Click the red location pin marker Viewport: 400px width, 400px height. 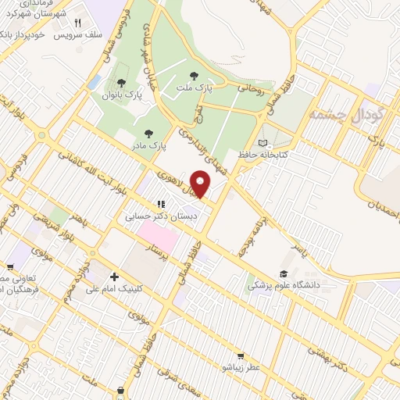point(201,184)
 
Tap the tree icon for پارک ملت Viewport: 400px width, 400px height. point(194,76)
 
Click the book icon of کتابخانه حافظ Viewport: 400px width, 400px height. point(262,143)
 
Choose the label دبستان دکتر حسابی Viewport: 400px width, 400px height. point(162,215)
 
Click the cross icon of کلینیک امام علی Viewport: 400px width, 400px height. point(114,277)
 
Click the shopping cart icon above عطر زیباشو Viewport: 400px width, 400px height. point(240,355)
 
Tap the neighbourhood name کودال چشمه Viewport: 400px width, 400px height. point(345,116)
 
